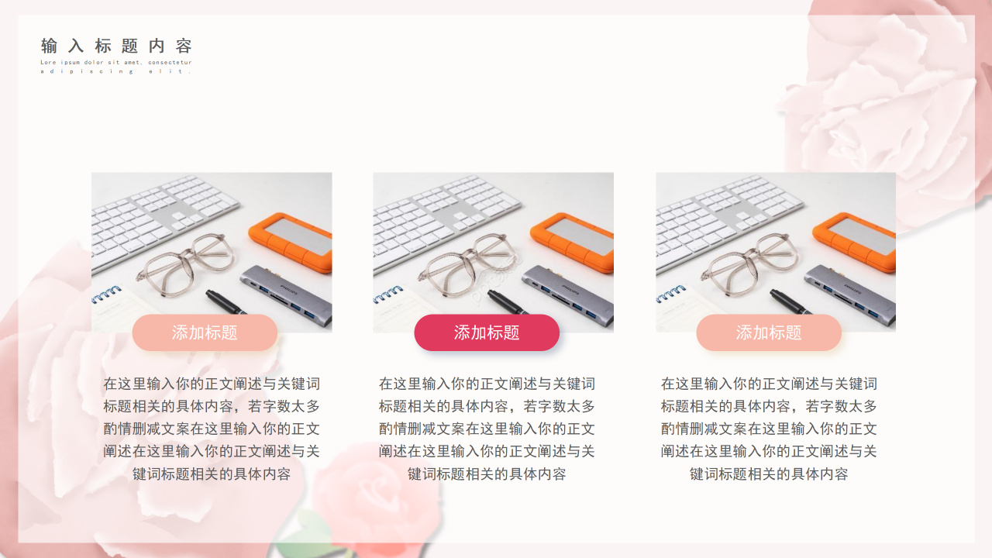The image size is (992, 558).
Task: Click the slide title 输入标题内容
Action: tap(116, 46)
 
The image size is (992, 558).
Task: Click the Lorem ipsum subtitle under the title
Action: tap(116, 67)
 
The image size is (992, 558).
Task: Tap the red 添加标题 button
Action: tap(487, 332)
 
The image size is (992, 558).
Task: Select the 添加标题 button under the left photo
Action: tap(205, 332)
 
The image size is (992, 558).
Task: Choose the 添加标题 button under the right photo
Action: tap(769, 332)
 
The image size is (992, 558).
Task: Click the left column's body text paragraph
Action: tap(212, 429)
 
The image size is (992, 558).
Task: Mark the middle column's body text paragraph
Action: tap(487, 429)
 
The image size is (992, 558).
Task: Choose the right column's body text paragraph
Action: tap(769, 429)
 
